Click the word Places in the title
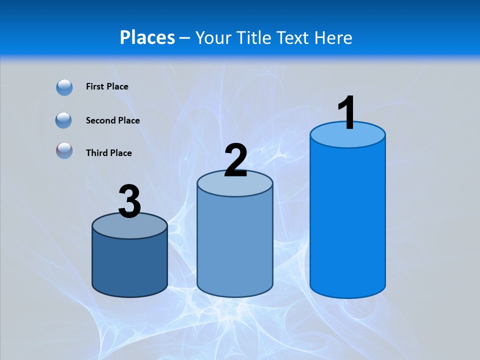point(147,37)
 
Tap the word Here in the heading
point(333,37)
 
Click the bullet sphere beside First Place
point(64,87)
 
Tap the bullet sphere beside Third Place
point(64,150)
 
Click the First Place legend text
point(107,86)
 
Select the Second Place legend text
point(112,120)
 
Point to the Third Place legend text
point(108,153)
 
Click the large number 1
point(346,112)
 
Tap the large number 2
point(235,160)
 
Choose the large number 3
point(130,201)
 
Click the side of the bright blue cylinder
point(347,220)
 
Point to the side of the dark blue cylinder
point(130,265)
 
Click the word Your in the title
point(213,37)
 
